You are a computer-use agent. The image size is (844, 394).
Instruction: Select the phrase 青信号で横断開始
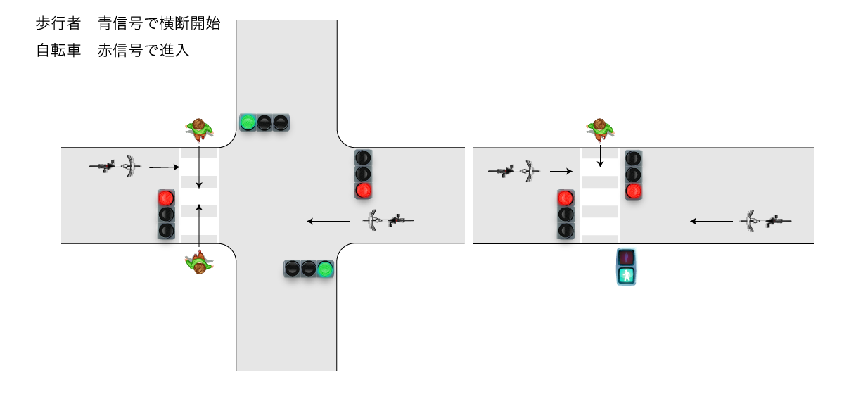tap(160, 23)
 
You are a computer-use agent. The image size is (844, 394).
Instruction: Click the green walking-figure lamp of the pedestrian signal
tap(627, 275)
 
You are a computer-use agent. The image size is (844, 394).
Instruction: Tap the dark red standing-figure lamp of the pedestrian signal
tap(627, 258)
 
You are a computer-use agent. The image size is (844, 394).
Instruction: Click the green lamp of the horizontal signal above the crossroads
tap(248, 122)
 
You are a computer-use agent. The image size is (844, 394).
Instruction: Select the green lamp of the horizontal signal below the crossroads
tap(324, 268)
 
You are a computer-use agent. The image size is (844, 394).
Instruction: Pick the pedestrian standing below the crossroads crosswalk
tap(200, 264)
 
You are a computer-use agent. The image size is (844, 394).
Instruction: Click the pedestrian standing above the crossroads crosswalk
tap(200, 127)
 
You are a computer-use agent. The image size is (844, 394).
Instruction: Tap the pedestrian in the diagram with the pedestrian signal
tap(600, 128)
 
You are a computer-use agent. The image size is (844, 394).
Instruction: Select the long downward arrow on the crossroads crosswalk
tap(199, 167)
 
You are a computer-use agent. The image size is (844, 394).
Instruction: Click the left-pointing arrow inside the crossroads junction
tap(328, 222)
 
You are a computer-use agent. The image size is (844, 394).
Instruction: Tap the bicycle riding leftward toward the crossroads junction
tap(388, 222)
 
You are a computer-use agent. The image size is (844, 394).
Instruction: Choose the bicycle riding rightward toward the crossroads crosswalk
tap(115, 167)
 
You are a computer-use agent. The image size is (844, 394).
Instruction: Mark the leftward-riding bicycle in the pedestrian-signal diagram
tap(767, 222)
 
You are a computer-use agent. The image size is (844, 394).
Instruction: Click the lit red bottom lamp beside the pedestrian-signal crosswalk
tap(634, 190)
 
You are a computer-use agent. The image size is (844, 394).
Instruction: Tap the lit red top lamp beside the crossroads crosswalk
tap(167, 198)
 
